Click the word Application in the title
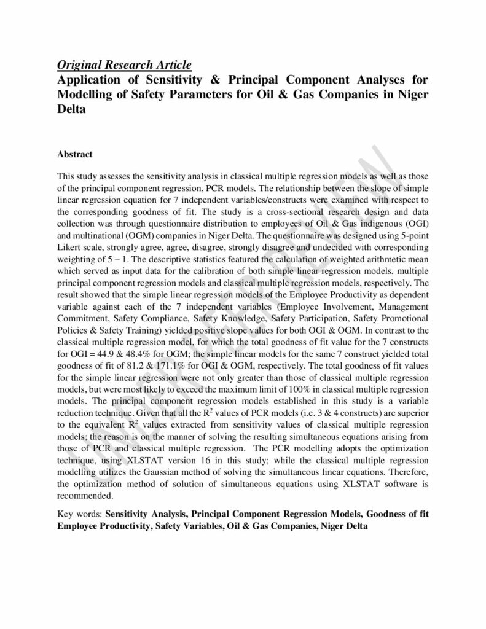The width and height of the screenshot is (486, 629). [92, 80]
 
